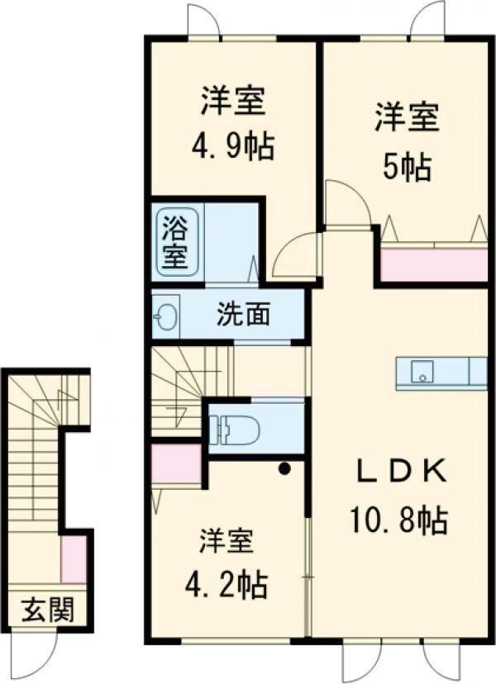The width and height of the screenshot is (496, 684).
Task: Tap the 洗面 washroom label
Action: pos(242,315)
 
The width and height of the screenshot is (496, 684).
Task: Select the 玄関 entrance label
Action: pos(47,611)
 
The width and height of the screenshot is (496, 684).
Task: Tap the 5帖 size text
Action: pos(405,168)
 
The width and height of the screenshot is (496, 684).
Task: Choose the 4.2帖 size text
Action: pos(225,586)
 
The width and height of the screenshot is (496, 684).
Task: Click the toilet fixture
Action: pos(236,430)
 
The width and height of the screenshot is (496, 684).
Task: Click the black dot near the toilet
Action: pos(284,470)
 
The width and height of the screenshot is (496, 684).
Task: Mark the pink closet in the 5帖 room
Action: pos(433,264)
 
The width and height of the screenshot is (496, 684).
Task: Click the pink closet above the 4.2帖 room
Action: pos(177,464)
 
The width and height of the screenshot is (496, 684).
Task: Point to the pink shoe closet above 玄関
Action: pos(74,558)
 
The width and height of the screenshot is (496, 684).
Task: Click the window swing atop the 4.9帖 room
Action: pos(204,20)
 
